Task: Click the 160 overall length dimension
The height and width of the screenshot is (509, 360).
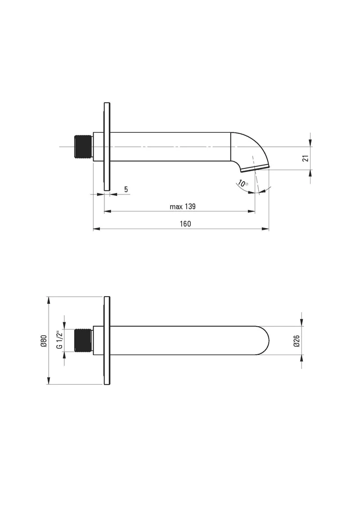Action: pos(185,224)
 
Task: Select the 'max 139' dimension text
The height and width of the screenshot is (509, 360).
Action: pos(183,207)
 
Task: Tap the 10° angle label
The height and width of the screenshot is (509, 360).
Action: pos(243,184)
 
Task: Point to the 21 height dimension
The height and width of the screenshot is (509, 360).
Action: pos(305,158)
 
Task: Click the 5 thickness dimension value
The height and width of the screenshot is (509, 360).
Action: pos(126,189)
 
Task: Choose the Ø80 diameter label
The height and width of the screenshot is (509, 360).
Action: pos(45,341)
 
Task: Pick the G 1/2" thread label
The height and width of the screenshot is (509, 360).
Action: pos(59,340)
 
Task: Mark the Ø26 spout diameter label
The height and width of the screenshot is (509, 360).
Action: pos(297,341)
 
